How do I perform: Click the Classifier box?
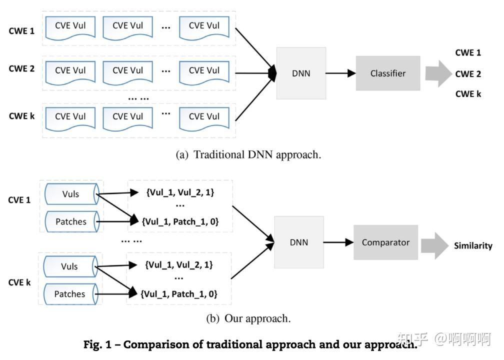tap(387, 73)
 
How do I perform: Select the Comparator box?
tap(385, 242)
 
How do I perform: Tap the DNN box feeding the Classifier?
tap(301, 73)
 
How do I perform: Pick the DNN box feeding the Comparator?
tap(299, 242)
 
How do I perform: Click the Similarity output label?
tap(473, 246)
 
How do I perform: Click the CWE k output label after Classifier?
tap(468, 94)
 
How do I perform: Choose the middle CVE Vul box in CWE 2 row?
tap(127, 71)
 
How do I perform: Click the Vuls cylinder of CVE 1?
tap(71, 194)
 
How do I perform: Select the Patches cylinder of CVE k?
tap(70, 294)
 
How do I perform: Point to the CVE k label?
tap(19, 282)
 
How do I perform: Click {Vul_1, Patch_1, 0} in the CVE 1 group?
tap(180, 221)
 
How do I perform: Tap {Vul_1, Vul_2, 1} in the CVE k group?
tap(178, 265)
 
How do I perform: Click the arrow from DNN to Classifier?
tap(340, 73)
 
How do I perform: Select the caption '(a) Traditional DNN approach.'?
tap(248, 154)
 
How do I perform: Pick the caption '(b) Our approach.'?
tap(248, 318)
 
